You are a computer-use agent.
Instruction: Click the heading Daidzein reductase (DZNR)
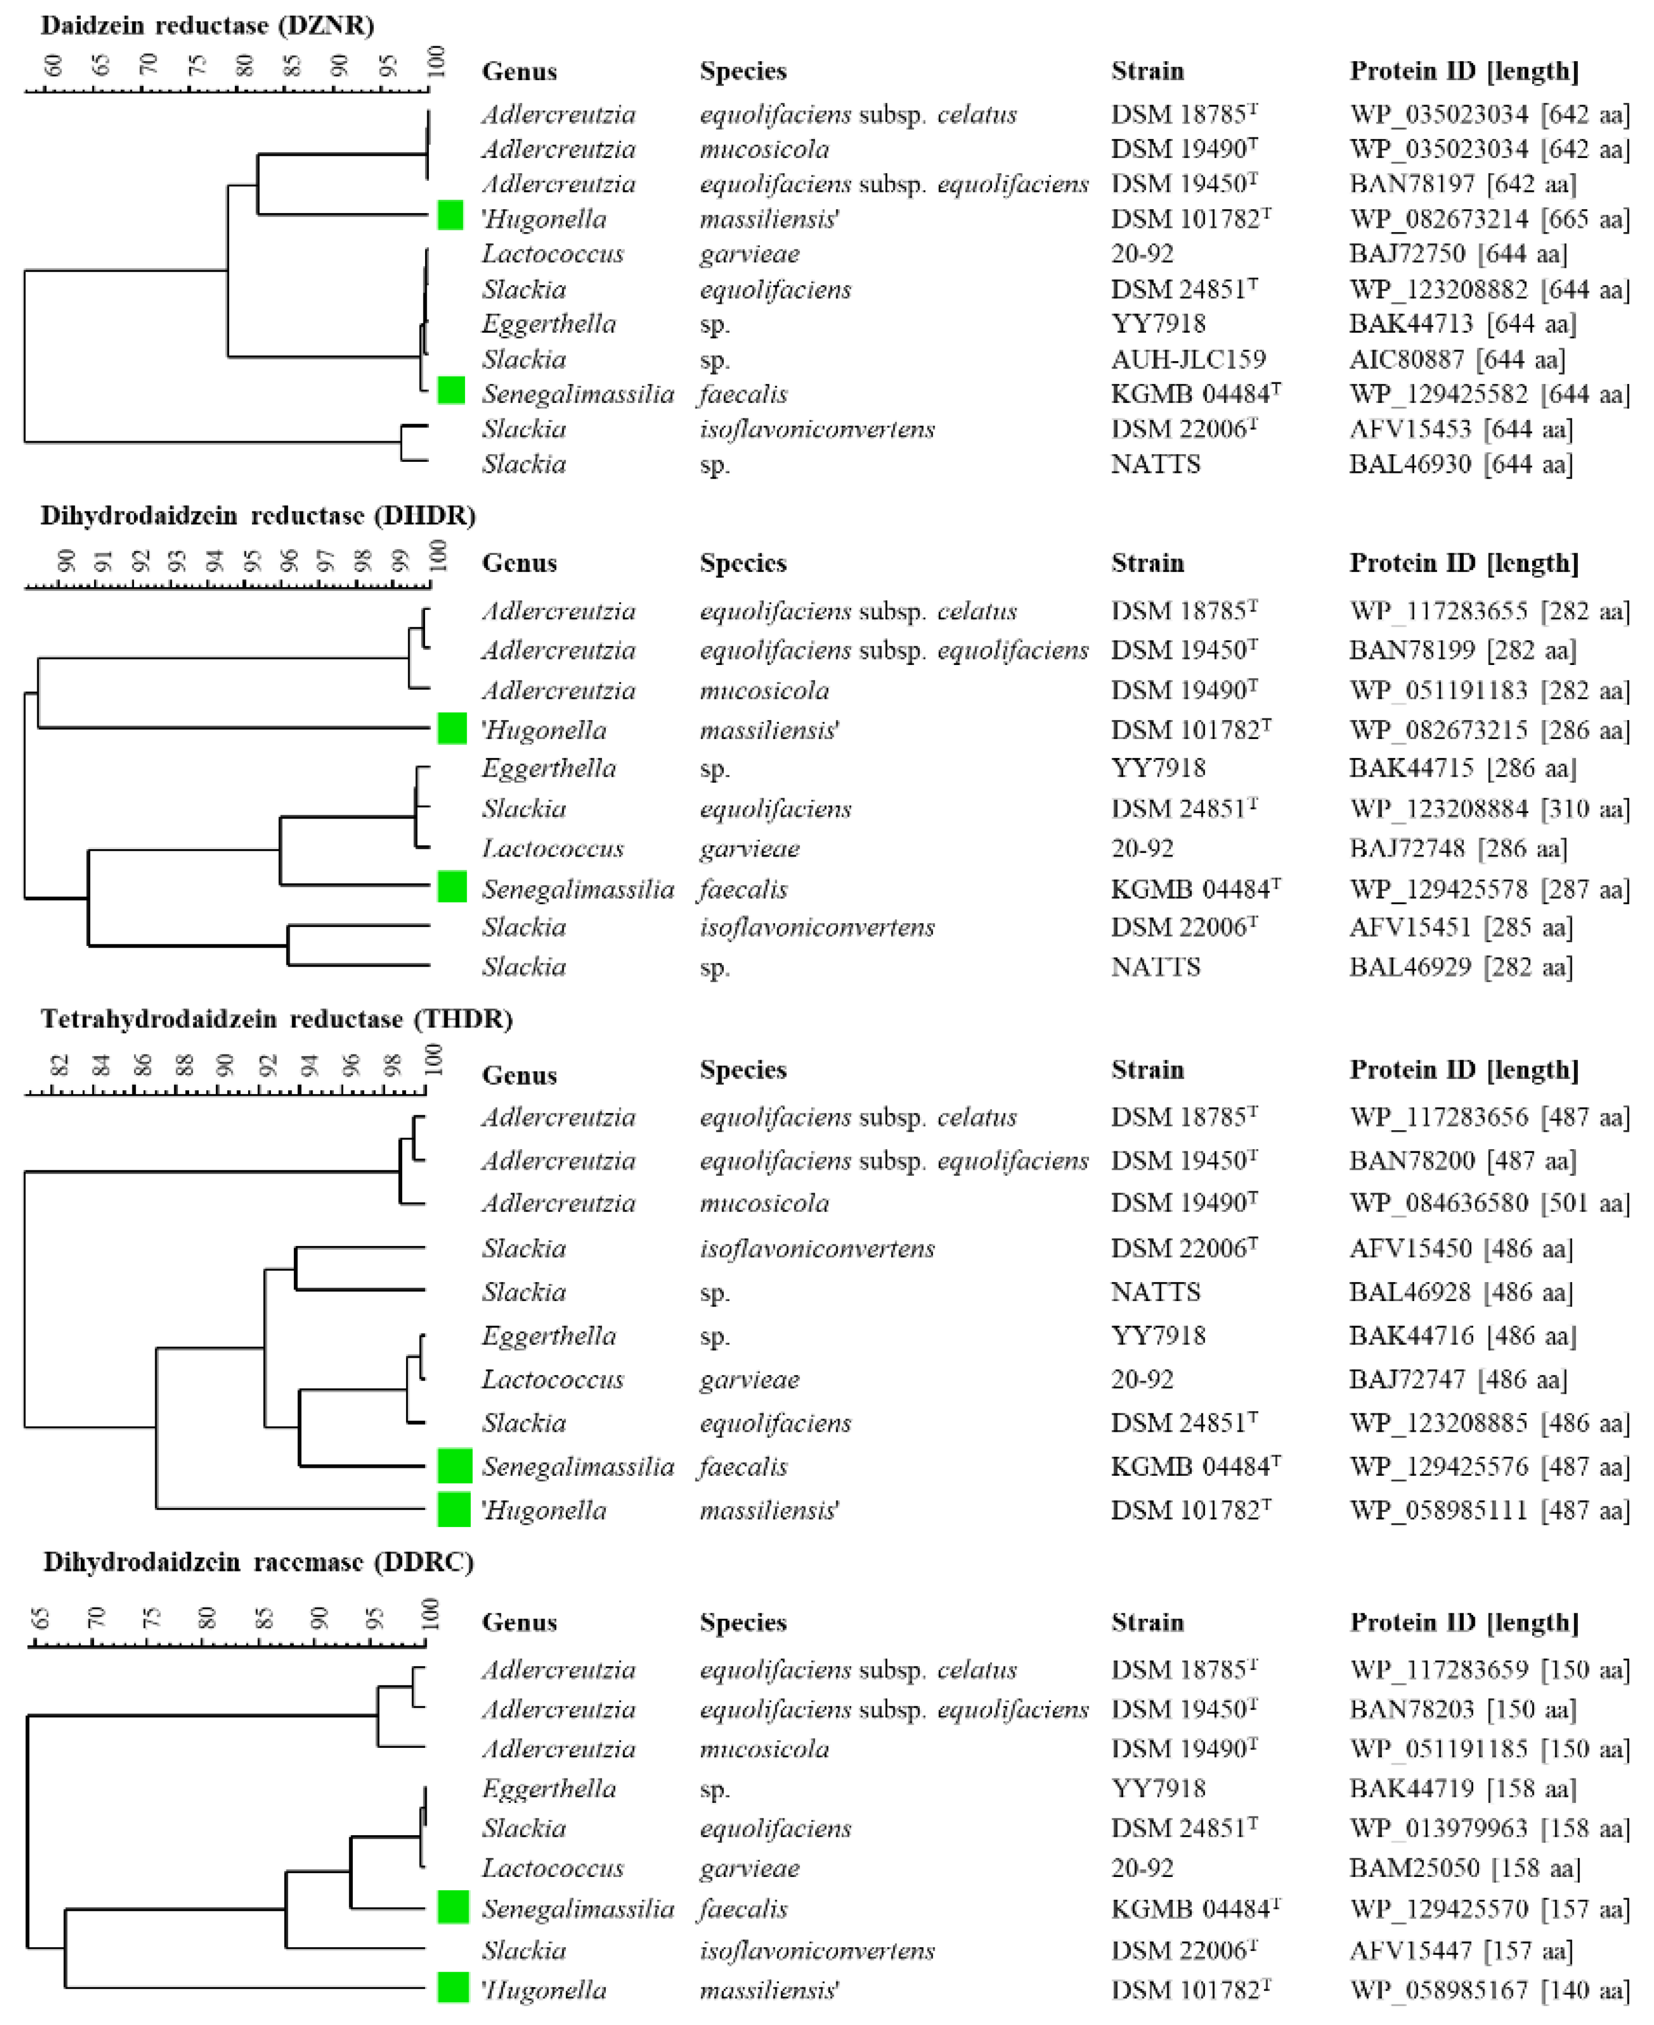click(207, 26)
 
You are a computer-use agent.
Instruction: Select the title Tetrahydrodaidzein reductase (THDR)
click(277, 1019)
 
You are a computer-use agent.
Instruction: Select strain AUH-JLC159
click(1188, 359)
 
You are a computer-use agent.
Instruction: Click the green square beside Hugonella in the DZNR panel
click(451, 215)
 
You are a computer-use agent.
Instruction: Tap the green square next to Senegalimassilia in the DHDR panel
click(452, 887)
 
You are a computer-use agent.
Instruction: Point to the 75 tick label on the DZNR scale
click(197, 65)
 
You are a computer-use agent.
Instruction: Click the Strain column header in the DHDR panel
click(1147, 563)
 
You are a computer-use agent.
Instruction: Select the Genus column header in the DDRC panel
click(519, 1622)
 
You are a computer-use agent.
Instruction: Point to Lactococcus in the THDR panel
click(552, 1380)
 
